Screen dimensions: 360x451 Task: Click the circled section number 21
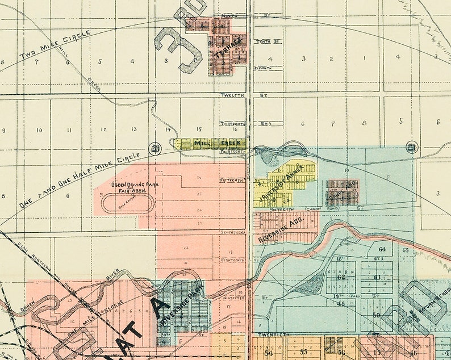tap(412, 148)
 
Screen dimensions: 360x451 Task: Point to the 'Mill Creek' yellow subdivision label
tap(211, 143)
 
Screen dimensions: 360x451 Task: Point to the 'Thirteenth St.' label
tap(235, 123)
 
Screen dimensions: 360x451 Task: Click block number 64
tap(382, 249)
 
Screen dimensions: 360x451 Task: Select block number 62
tap(341, 277)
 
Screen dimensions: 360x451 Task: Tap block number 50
tap(376, 315)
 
